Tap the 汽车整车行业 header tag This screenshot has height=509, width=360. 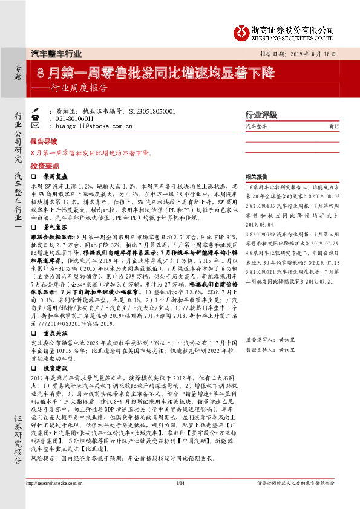coord(56,53)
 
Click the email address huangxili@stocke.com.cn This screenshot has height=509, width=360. coord(93,126)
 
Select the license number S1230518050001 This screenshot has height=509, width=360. coord(152,112)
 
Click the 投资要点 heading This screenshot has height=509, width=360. coord(43,164)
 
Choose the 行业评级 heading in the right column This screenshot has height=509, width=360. coord(260,115)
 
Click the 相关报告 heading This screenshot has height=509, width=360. coord(257,177)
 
